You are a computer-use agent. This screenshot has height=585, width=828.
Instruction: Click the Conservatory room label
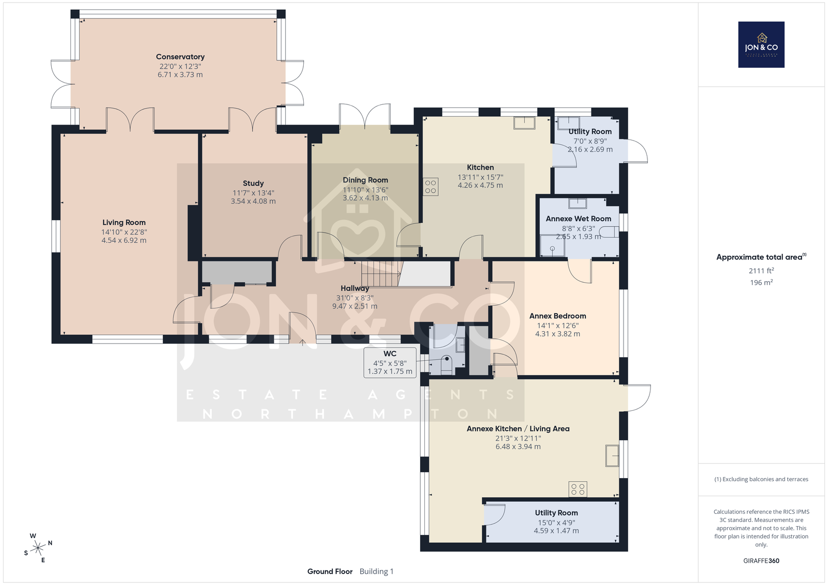pos(180,57)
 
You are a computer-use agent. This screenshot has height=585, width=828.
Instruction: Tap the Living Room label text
pos(124,223)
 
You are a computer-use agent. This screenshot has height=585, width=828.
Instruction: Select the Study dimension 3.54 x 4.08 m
pos(253,201)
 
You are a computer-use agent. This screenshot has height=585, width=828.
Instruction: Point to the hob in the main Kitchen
pos(431,187)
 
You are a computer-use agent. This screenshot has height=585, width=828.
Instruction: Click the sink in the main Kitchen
pos(524,123)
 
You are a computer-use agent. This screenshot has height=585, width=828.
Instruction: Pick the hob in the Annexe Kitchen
pos(578,489)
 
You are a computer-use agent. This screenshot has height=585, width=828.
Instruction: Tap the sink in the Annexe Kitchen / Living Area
pos(612,456)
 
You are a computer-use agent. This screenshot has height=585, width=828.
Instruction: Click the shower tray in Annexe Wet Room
pos(552,246)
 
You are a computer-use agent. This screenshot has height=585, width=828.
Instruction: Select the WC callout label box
pos(390,362)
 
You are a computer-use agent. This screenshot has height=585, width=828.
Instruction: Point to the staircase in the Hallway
pos(381,274)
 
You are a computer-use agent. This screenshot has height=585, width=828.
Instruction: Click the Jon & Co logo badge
pos(761,44)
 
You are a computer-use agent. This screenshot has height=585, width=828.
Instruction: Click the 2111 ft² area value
pos(761,271)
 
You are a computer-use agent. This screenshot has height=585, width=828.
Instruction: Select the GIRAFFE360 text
pos(761,561)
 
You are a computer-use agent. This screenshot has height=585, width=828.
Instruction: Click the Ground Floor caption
pos(330,572)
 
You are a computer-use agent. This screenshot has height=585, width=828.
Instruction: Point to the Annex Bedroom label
pos(557,316)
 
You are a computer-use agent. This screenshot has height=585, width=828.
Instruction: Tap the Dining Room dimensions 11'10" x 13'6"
pos(365,190)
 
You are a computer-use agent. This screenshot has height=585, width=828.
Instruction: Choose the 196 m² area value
pos(761,282)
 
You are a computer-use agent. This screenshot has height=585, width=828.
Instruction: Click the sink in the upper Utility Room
pos(569,124)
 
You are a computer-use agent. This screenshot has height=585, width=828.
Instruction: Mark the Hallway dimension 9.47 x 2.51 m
pos(354,306)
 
